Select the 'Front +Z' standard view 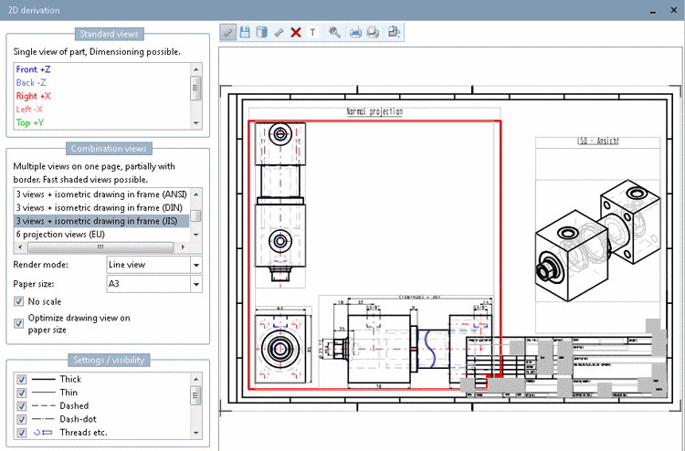click(34, 68)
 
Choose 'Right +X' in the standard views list click(33, 95)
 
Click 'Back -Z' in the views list click(33, 82)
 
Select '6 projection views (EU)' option click(60, 234)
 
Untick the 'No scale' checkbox click(19, 301)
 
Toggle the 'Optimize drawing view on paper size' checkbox click(19, 322)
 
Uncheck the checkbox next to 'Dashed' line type click(21, 405)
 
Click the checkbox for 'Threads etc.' click(21, 432)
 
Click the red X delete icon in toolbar click(296, 32)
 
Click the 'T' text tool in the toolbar click(312, 32)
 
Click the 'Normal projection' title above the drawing click(374, 111)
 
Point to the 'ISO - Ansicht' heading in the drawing click(597, 141)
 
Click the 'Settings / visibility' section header click(107, 360)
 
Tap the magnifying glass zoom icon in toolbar click(335, 32)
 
